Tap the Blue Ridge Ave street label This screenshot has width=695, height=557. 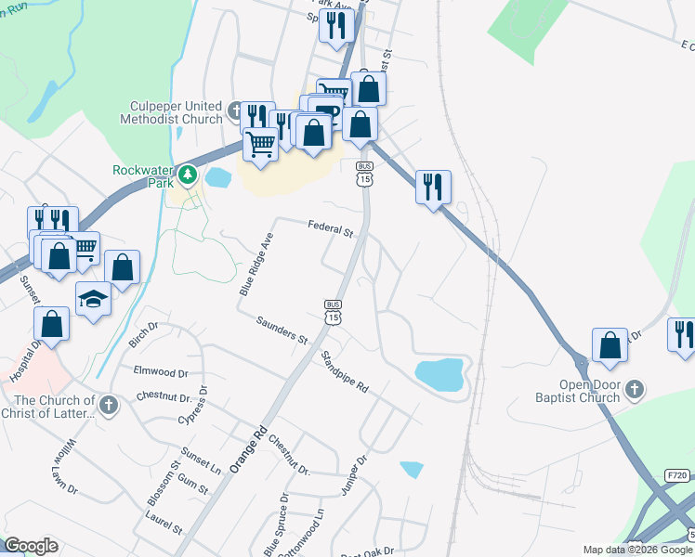[257, 265]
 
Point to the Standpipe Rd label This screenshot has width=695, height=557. [345, 370]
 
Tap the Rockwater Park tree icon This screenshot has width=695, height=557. [189, 174]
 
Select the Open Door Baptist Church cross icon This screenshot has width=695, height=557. [635, 389]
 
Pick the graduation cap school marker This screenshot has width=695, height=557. [94, 299]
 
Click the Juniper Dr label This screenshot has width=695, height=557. [355, 474]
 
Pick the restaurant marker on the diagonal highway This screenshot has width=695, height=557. [433, 187]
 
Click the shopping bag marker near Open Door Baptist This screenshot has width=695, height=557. [610, 344]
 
